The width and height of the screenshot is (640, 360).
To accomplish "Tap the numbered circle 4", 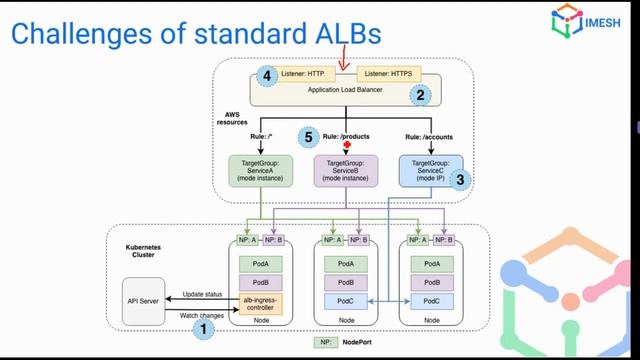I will pyautogui.click(x=265, y=76).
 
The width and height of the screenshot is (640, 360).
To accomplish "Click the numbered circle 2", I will pyautogui.click(x=421, y=96).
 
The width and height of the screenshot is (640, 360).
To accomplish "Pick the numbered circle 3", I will pyautogui.click(x=460, y=180).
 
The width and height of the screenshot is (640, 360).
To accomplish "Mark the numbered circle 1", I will pyautogui.click(x=204, y=326).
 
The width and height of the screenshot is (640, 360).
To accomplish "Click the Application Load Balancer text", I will pyautogui.click(x=344, y=91).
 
